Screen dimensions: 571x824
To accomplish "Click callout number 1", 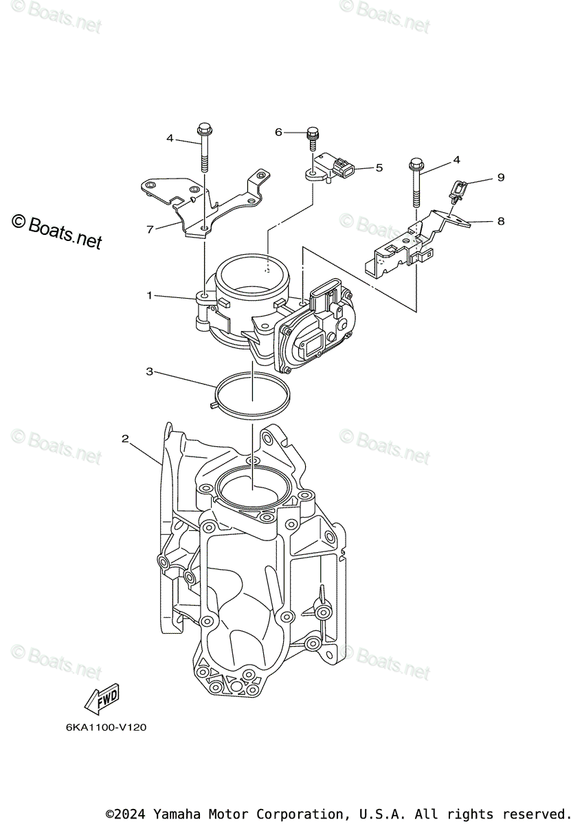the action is point(148,295).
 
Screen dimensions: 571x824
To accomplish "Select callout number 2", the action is point(125,438).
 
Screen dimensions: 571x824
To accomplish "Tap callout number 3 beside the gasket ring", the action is point(148,371).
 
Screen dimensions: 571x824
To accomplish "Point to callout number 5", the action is point(379,167).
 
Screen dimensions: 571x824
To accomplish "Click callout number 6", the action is point(279,132).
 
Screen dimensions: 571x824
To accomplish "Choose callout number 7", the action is point(150,229).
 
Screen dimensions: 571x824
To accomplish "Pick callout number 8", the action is point(500,221).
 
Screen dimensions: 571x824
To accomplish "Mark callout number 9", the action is point(500,178).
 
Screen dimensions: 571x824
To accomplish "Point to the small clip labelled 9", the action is point(458,189).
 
